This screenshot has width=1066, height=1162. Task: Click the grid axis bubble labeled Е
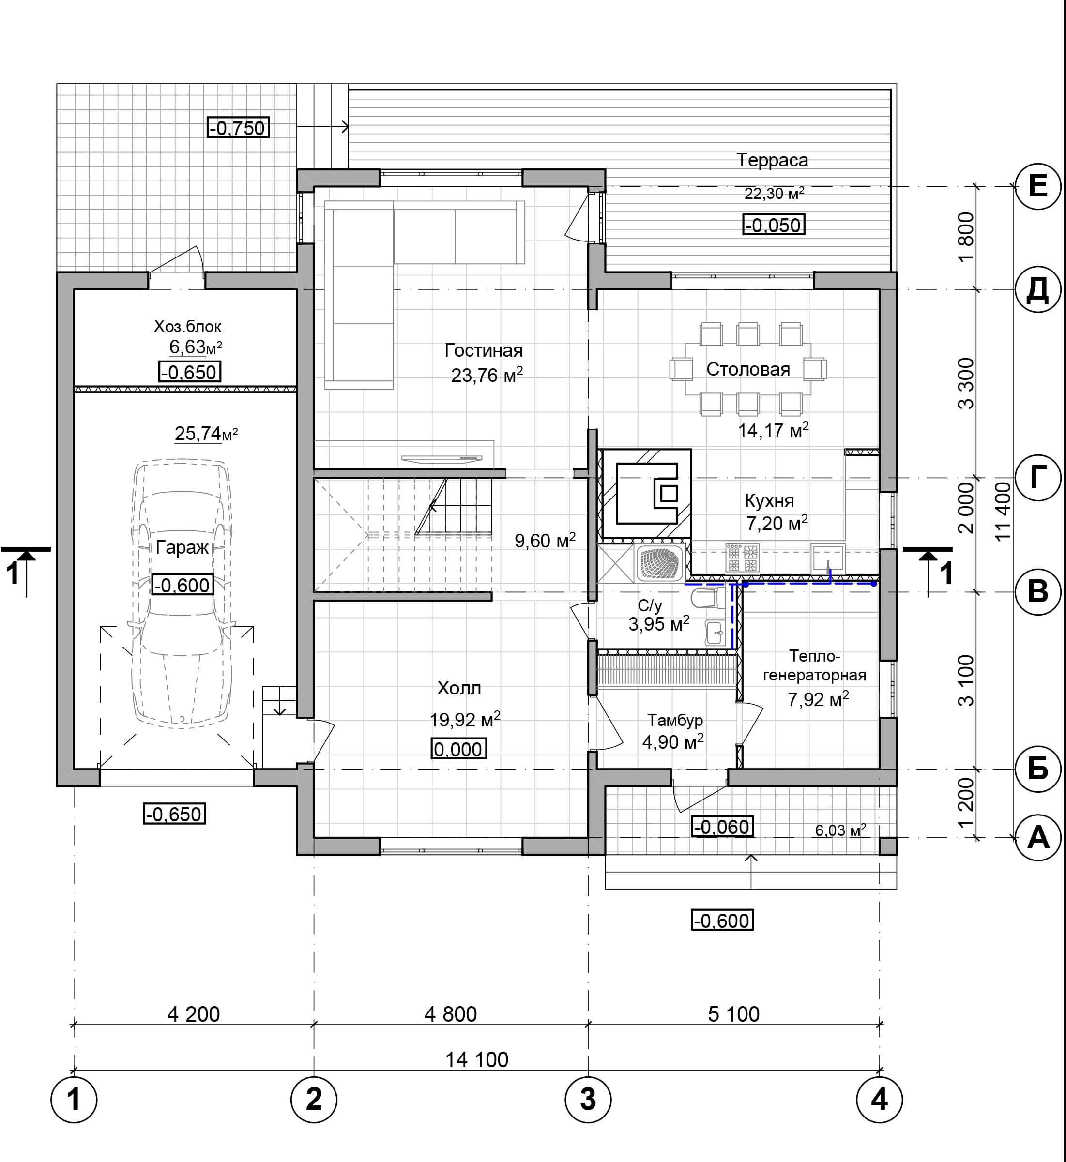point(1038,186)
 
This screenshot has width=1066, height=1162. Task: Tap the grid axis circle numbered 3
point(588,1099)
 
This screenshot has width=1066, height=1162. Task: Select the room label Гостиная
point(484,350)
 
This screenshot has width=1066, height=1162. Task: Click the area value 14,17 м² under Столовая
point(774,430)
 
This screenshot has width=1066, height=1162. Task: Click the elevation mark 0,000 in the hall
point(458,749)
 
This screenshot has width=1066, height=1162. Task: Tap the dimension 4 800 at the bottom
point(451,1014)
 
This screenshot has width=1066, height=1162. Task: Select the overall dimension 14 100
point(477,1059)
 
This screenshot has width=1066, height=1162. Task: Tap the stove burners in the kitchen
point(742,558)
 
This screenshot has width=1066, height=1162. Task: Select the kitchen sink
point(828,558)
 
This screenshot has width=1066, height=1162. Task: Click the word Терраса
point(772,160)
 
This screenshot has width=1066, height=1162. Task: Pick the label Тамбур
point(675,720)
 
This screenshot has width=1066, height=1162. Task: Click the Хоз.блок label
point(187,326)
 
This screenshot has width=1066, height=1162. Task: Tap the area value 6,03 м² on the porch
point(840,830)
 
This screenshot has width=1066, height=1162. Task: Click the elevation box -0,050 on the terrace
point(773,225)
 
